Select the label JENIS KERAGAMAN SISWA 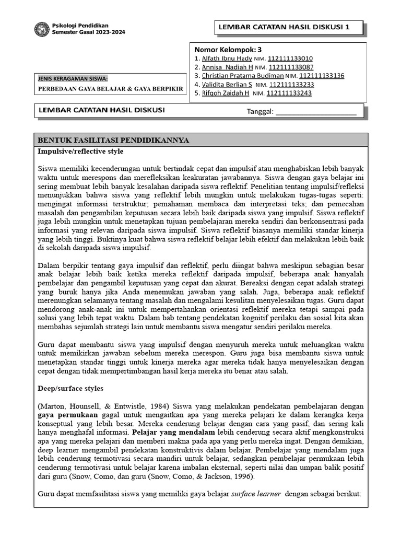pyautogui.click(x=73, y=79)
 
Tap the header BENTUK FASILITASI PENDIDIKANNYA pyautogui.click(x=113, y=141)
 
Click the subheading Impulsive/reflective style pyautogui.click(x=80, y=151)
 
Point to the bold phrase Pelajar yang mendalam pyautogui.click(x=173, y=433)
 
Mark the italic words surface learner pyautogui.click(x=256, y=493)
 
